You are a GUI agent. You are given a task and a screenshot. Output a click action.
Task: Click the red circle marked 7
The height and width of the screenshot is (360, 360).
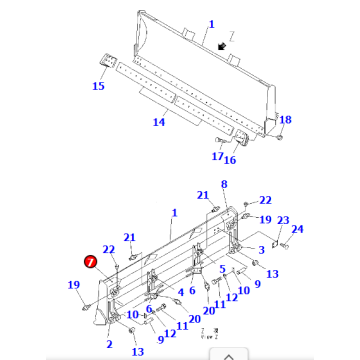click(x=91, y=262)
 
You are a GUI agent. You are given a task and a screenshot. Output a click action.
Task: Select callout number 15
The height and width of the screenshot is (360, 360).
click(x=98, y=87)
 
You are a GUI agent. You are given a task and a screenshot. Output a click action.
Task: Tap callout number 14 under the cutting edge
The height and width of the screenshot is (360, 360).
click(x=158, y=122)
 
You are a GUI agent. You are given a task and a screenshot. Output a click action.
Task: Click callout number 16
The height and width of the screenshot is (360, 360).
click(x=229, y=159)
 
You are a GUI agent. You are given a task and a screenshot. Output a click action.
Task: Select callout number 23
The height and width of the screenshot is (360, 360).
click(x=283, y=221)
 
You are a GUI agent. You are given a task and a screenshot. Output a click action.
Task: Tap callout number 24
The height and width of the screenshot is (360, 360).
click(x=297, y=229)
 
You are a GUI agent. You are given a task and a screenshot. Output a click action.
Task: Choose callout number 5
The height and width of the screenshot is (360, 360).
click(x=222, y=269)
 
